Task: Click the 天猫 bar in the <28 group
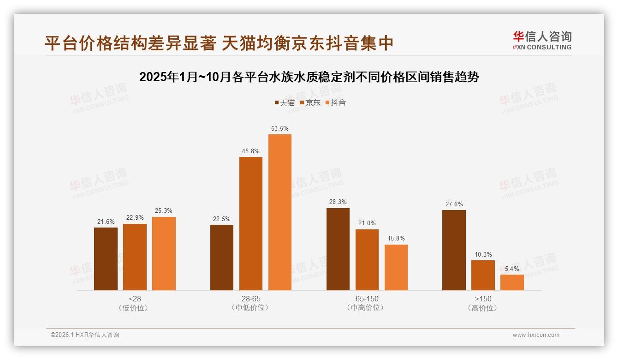click(106, 259)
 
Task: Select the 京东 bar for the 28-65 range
click(250, 224)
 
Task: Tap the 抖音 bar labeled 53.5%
click(280, 212)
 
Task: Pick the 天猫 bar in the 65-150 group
click(338, 249)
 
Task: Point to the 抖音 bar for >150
click(512, 282)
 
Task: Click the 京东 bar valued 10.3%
click(483, 276)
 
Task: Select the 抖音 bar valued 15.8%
click(396, 268)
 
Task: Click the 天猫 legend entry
click(285, 102)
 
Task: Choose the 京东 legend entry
click(310, 102)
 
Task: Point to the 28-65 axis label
click(250, 299)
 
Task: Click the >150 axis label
click(483, 299)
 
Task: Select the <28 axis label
click(135, 299)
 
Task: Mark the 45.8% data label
click(250, 151)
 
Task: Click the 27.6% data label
click(454, 204)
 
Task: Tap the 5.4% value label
click(512, 269)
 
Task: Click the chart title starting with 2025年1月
click(309, 77)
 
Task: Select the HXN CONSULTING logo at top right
click(542, 41)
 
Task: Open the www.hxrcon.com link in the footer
click(536, 335)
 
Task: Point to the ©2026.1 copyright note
click(85, 335)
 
